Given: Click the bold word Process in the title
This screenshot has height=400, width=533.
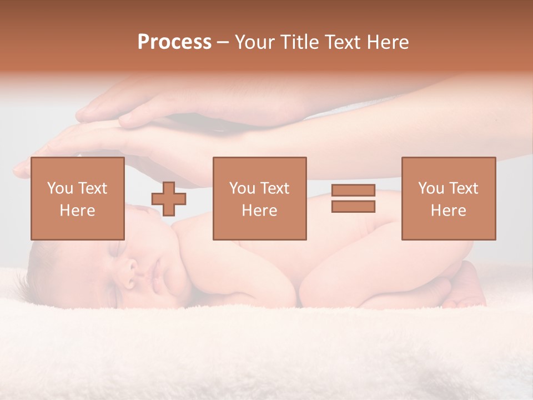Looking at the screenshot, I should pos(174,42).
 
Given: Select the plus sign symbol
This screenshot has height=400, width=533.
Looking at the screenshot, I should pos(169,199).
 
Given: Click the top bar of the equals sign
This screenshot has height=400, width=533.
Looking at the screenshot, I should pos(353,191).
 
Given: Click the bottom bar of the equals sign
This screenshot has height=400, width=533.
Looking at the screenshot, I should pos(353,206).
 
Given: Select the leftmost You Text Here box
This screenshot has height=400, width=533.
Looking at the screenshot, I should pos(77,198).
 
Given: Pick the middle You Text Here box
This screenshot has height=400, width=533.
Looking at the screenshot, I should pos(259,198).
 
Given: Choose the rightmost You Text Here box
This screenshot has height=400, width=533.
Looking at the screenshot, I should pos(448,198).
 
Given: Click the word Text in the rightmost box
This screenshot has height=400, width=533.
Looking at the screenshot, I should pos(464,188).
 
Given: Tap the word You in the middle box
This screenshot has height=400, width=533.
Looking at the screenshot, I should pos(242,188).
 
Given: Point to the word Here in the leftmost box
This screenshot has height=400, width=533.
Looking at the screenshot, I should pos(77,211).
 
